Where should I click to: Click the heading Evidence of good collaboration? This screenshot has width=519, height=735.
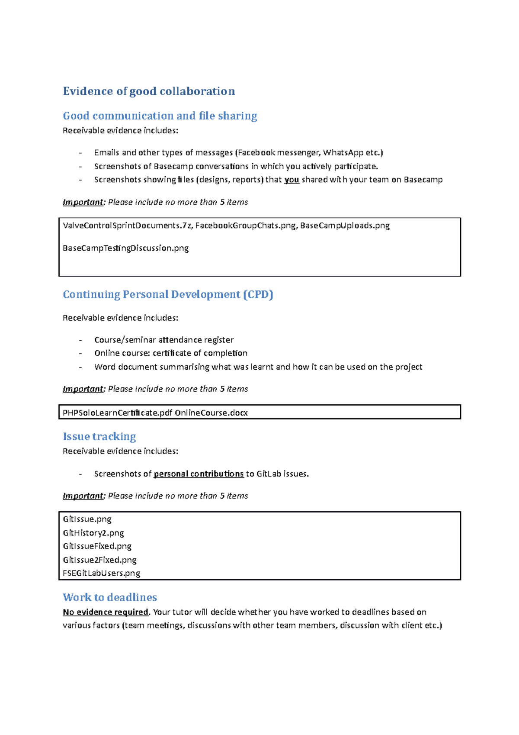pos(149,91)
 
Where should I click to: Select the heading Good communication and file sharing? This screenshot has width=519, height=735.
pos(160,116)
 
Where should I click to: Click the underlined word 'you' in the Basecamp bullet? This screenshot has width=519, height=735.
pos(292,180)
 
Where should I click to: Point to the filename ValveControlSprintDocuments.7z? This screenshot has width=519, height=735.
pos(128,226)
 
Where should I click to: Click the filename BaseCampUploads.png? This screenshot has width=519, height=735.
pos(345,226)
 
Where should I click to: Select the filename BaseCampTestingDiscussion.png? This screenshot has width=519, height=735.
pos(125,248)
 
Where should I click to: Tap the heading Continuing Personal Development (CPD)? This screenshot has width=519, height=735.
pos(168,295)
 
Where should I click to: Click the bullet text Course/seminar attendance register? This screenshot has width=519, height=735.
pos(164,340)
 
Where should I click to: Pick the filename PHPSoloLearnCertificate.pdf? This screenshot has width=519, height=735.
pos(117,413)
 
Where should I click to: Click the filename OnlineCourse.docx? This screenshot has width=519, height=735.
pos(211,413)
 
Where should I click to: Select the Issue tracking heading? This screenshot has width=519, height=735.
pos(99,436)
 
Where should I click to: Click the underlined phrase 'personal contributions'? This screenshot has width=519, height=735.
pos(199,474)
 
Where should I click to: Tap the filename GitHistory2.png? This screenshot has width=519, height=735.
pos(93,533)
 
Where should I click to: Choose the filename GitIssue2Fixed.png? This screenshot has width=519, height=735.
pos(99,560)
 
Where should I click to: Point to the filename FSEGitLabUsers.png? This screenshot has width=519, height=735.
pos(102,573)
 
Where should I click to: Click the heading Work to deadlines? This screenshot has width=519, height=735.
pos(110,597)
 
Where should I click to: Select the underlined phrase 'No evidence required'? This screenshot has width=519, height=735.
pos(106,612)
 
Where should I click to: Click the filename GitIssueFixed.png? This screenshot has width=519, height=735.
pos(97,546)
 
